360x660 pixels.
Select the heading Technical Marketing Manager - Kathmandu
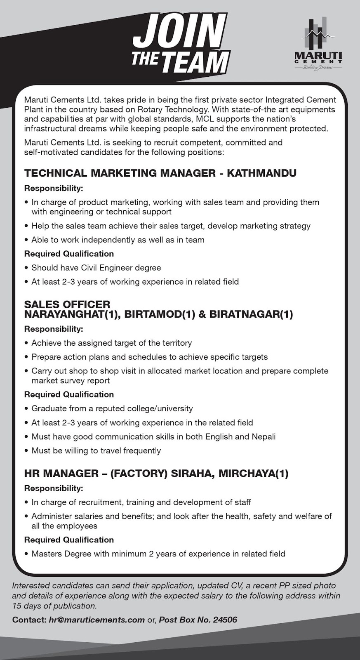[x=160, y=173]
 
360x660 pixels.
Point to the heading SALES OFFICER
[x=67, y=304]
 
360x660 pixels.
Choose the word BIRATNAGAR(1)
[x=251, y=314]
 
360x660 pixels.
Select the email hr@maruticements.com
[x=96, y=620]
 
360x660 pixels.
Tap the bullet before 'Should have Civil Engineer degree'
[x=26, y=268]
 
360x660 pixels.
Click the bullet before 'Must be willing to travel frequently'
[x=26, y=451]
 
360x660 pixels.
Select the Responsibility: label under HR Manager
[x=54, y=488]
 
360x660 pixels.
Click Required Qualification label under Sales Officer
[x=69, y=394]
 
